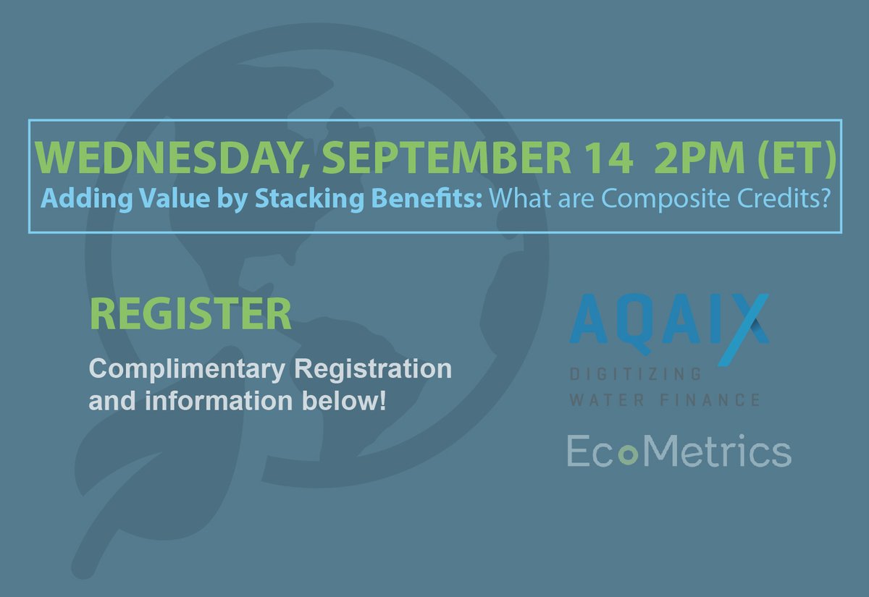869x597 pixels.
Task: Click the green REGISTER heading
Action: tap(190, 314)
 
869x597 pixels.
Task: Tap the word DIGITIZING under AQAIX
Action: tap(635, 374)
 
